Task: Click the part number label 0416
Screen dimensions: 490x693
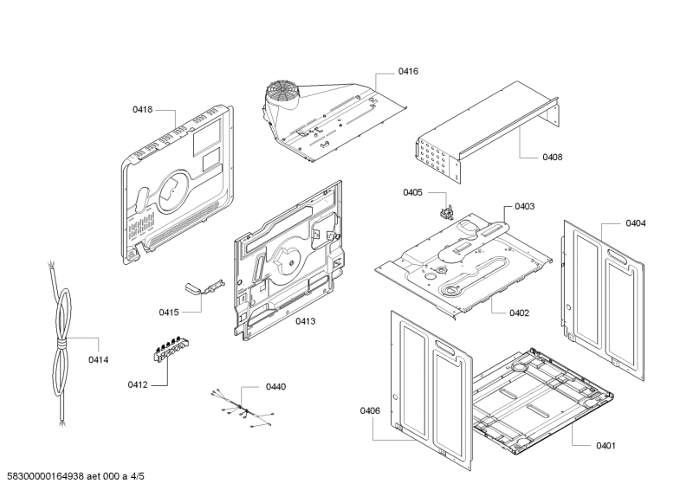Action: [x=408, y=71]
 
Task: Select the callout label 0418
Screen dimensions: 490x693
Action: [x=142, y=110]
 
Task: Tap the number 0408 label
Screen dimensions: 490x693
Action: [x=552, y=158]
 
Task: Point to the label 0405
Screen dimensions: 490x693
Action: [x=412, y=192]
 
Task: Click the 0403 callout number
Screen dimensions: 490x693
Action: [x=524, y=206]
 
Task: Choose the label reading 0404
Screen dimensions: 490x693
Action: [x=635, y=223]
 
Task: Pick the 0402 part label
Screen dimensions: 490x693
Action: [x=520, y=313]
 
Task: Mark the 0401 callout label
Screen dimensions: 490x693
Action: [x=605, y=446]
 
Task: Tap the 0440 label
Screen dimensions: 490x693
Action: [x=275, y=386]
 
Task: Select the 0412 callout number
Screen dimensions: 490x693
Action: [x=138, y=384]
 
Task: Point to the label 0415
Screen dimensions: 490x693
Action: [x=168, y=312]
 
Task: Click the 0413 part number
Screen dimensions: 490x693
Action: [x=305, y=321]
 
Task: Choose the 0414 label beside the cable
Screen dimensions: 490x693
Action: [x=99, y=359]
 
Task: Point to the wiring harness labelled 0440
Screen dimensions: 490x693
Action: [x=242, y=410]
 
